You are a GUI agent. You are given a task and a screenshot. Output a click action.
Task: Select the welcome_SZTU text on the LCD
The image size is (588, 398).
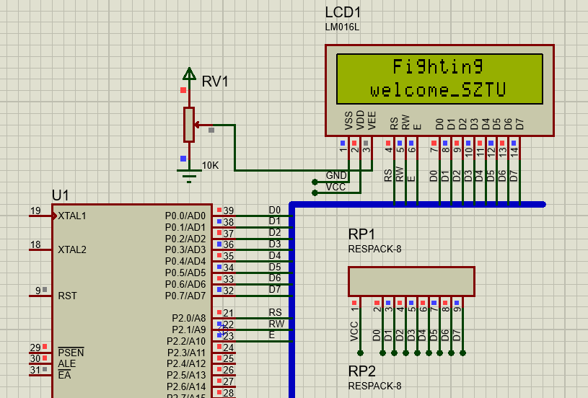(x=438, y=90)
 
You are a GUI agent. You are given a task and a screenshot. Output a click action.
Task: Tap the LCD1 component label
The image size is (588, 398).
(x=343, y=13)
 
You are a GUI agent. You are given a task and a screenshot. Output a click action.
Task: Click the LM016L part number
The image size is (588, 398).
(x=342, y=27)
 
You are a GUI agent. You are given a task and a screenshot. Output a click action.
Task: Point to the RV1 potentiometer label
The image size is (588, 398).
(x=215, y=82)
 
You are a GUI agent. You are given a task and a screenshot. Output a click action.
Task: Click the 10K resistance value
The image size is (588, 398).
(x=210, y=165)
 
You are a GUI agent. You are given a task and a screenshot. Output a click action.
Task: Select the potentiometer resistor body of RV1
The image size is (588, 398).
(x=189, y=124)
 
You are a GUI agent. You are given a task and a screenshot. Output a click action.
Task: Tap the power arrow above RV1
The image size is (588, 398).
(x=189, y=73)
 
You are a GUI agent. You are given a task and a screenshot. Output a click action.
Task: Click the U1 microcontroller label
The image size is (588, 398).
(x=61, y=195)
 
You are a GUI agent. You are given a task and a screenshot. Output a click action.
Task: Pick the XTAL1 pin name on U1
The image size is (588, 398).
(x=72, y=216)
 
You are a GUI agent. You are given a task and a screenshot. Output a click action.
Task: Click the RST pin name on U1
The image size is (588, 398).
(x=67, y=296)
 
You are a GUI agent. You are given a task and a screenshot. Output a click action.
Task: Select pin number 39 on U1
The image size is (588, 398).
(x=228, y=211)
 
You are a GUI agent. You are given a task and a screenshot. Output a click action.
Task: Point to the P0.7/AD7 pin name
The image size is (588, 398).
(x=185, y=296)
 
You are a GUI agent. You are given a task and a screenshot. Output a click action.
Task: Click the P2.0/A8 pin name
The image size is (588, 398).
(x=188, y=318)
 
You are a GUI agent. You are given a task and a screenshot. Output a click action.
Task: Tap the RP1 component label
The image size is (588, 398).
(x=361, y=235)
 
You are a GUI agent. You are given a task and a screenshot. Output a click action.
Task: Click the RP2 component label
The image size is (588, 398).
(x=361, y=371)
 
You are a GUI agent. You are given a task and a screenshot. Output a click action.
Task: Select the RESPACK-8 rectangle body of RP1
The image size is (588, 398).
(x=411, y=281)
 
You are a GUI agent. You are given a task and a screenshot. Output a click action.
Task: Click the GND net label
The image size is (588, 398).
(x=336, y=175)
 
